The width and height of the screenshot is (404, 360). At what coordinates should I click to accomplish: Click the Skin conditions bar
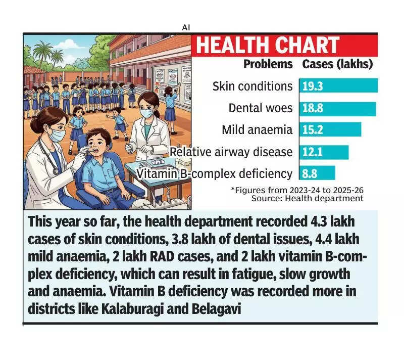[x=338, y=86]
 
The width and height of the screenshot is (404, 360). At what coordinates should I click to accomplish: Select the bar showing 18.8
[x=337, y=108]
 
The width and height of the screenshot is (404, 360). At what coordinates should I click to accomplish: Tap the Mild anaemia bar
[x=330, y=130]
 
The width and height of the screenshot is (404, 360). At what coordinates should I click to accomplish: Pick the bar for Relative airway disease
[x=324, y=152]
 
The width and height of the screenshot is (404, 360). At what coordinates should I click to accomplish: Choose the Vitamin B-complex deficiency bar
[x=317, y=173]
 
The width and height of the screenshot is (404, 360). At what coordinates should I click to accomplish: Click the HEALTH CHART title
[x=268, y=46]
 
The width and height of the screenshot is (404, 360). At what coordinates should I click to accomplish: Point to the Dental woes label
[x=260, y=108]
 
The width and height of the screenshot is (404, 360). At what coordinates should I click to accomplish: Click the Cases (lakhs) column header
[x=337, y=64]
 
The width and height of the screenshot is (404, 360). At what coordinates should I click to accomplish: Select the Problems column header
[x=268, y=64]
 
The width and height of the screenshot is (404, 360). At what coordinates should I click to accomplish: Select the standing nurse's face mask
[x=146, y=113]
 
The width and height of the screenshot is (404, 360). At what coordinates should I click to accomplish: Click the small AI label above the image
[x=186, y=27]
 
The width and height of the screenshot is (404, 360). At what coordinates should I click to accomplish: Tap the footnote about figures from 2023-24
[x=297, y=190]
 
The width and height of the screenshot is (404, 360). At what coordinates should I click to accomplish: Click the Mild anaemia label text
[x=257, y=130]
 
